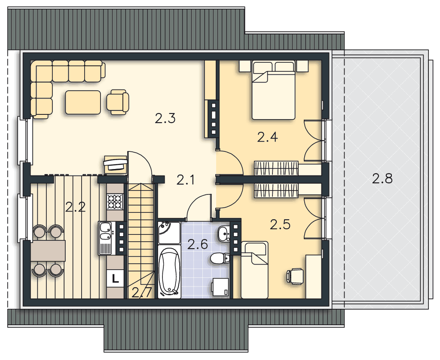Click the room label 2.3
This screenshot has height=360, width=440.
tap(165, 118)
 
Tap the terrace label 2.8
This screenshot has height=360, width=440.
tap(382, 178)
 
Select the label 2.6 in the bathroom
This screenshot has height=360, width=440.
tap(198, 244)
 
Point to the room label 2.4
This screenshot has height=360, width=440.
tap(267, 137)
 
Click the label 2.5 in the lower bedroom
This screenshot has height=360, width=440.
tap(280, 225)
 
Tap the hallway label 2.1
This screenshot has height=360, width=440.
tap(186, 180)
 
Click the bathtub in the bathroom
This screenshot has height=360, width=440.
tap(169, 271)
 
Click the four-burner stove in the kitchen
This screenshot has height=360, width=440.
tap(115, 202)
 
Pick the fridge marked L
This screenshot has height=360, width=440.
tap(115, 279)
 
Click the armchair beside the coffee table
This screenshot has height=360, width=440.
tap(118, 102)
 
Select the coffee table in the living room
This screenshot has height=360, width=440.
tap(83, 102)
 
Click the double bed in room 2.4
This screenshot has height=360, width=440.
tap(274, 90)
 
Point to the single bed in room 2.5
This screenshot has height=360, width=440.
tap(254, 270)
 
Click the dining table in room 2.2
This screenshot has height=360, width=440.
tap(48, 250)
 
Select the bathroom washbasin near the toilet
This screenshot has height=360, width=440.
tap(224, 233)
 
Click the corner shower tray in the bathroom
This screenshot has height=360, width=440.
tap(169, 233)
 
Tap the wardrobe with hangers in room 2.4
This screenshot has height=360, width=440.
tap(276, 168)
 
